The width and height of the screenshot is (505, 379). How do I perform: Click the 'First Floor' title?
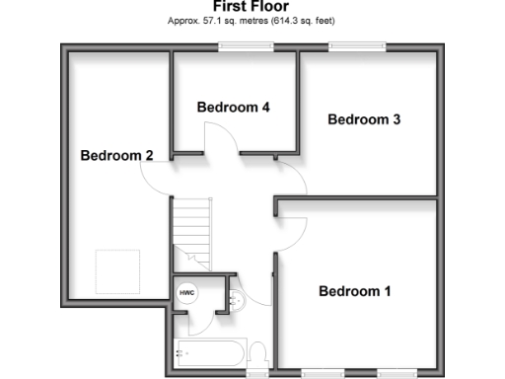252,6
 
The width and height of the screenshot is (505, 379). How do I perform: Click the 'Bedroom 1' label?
354,291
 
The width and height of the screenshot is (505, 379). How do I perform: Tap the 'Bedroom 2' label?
116,155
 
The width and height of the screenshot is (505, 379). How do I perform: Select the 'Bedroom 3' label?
363,119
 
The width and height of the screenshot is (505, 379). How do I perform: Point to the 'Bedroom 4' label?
233,107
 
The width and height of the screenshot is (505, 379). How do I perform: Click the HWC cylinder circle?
187,293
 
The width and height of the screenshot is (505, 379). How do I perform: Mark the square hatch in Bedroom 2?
116,270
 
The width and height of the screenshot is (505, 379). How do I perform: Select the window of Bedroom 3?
357,45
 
